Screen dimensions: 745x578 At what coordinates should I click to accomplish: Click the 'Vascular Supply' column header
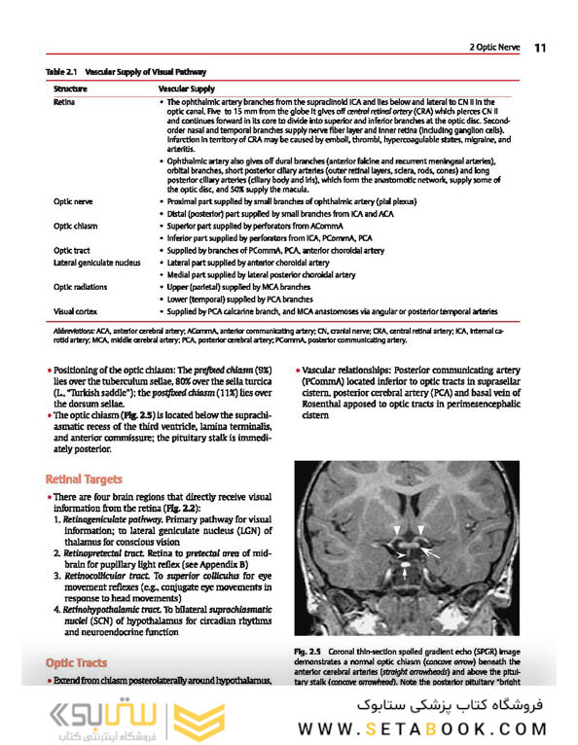pyautogui.click(x=186, y=89)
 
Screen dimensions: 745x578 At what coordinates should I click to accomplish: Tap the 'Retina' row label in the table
pyautogui.click(x=65, y=101)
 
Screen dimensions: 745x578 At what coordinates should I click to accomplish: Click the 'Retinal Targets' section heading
pyautogui.click(x=84, y=479)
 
